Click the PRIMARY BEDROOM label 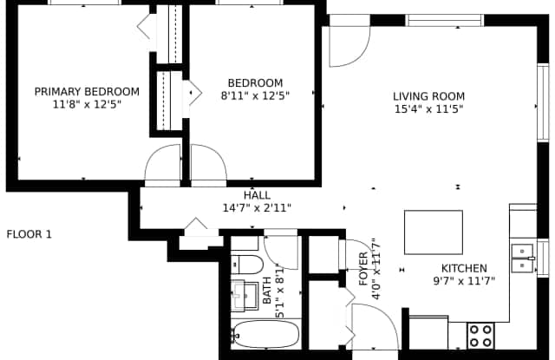tap(87, 91)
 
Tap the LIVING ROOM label tap(428, 96)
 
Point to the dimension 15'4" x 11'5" tap(428, 109)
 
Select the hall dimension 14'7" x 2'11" tap(257, 208)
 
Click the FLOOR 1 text tap(29, 234)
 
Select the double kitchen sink tap(522, 259)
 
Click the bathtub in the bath tap(265, 334)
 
